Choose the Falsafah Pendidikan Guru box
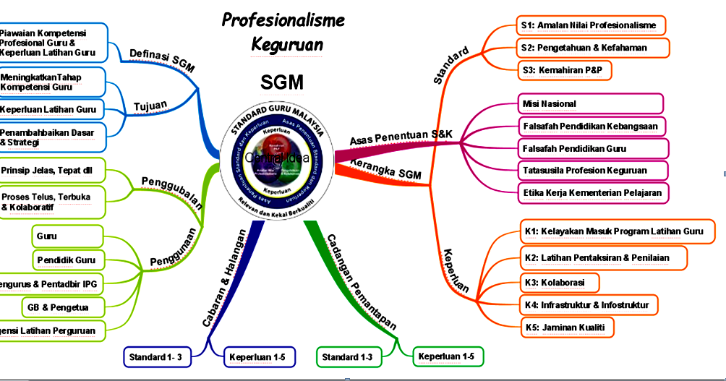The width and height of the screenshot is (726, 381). coord(590,149)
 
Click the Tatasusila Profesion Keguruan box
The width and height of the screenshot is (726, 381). coord(591,171)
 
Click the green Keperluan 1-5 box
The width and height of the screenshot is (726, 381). coord(446,356)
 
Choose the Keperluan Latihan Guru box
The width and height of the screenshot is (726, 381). coord(51,110)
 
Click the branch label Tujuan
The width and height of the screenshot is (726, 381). coord(150,106)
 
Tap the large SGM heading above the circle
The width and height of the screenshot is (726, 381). coord(282,82)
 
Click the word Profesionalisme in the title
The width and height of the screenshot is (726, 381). coord(283,20)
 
